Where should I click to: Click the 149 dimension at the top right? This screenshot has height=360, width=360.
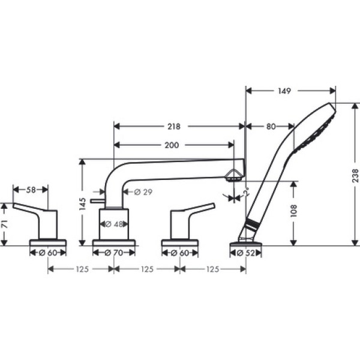pos(285,91)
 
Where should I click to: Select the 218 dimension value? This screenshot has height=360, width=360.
pos(175,127)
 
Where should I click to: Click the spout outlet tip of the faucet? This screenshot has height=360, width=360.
pos(233,176)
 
